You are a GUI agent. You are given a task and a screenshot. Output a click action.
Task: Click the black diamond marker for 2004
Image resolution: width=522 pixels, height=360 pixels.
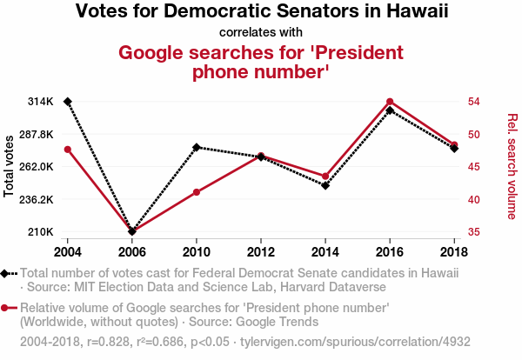pos(67,102)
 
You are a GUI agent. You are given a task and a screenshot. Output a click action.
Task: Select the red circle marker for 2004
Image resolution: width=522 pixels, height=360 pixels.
pos(67,150)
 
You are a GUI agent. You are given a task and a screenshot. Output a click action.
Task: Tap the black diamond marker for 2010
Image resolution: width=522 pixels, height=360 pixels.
pos(197,147)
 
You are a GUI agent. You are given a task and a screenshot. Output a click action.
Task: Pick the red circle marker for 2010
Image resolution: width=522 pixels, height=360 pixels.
pos(197,192)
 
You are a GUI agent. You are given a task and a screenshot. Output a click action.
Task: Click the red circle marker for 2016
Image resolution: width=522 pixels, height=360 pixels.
pos(390,102)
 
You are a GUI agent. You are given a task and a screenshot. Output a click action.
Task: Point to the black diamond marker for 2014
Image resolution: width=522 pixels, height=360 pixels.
pos(325,185)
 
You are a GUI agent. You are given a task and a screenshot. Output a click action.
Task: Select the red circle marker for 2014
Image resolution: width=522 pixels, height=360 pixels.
pos(325,177)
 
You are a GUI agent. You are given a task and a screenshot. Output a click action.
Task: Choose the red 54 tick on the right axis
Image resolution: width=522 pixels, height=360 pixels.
pos(474,102)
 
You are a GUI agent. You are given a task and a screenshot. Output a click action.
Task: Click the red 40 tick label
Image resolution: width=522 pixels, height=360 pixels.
pos(474,199)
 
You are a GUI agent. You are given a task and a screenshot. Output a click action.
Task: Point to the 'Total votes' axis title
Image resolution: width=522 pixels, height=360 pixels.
pos(10,166)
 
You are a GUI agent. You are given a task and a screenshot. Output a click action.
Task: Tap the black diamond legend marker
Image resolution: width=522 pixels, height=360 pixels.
pos(7,272)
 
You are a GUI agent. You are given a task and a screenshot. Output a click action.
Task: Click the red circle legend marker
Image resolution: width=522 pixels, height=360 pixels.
pos(7,308)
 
